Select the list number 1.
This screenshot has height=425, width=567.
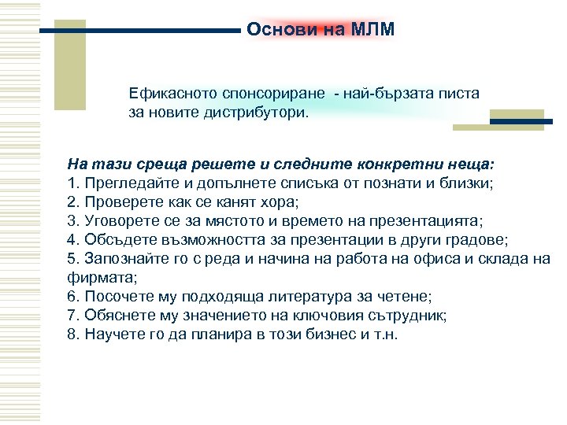click(72, 184)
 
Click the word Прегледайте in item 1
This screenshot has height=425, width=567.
click(122, 184)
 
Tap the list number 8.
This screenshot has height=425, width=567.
click(72, 334)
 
